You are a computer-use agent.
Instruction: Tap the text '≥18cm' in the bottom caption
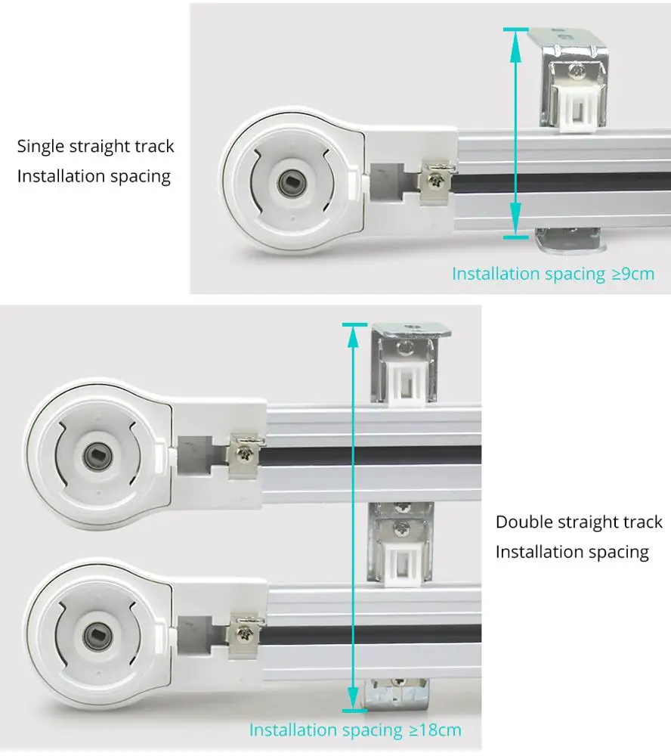coord(434,730)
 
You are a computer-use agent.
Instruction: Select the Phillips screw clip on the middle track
coord(246,454)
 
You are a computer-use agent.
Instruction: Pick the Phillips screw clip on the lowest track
coord(246,633)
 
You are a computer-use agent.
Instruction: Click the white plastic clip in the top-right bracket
coord(578,107)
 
